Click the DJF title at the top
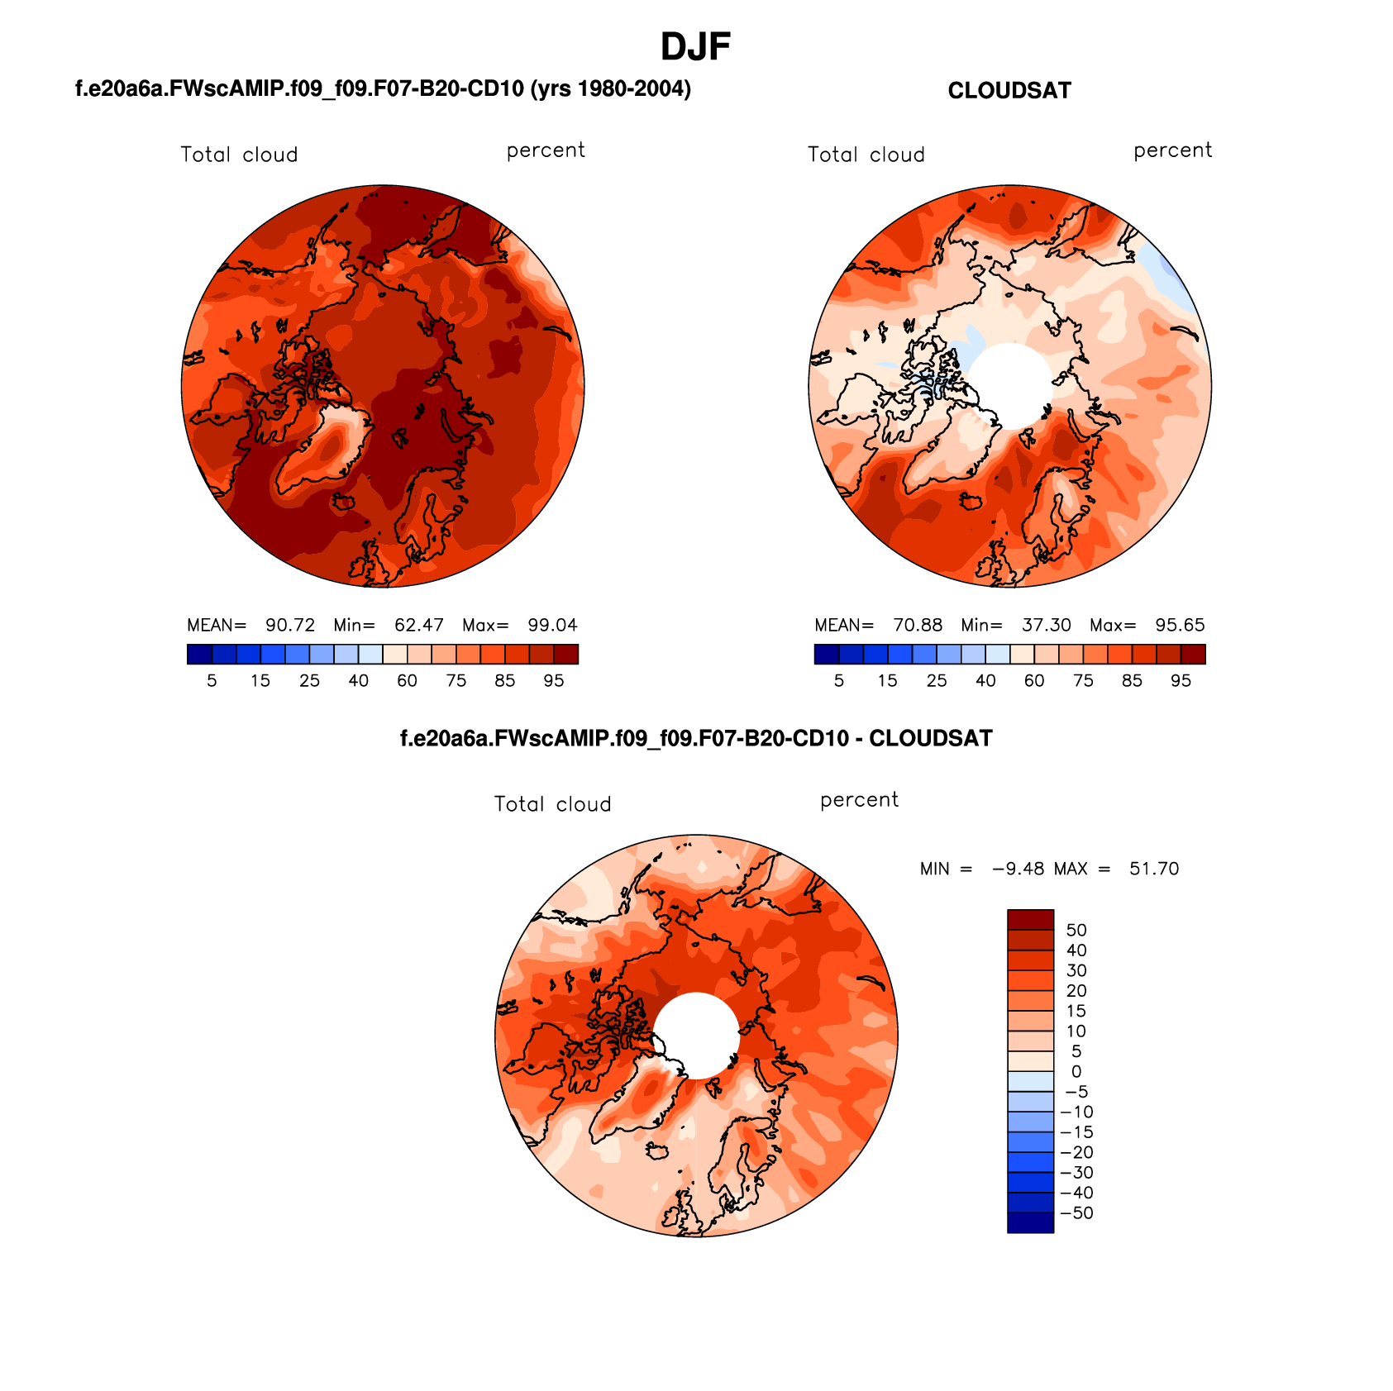pyautogui.click(x=695, y=47)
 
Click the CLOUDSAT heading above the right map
pyautogui.click(x=1009, y=91)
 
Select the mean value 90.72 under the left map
pyautogui.click(x=290, y=626)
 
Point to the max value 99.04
pyautogui.click(x=552, y=626)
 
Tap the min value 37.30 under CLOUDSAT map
pyautogui.click(x=1046, y=626)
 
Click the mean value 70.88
pyautogui.click(x=918, y=626)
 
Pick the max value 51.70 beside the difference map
pyautogui.click(x=1154, y=869)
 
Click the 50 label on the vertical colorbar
pyautogui.click(x=1076, y=931)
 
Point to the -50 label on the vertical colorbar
pyautogui.click(x=1076, y=1213)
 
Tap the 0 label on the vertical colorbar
pyautogui.click(x=1076, y=1072)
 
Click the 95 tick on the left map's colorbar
pyautogui.click(x=554, y=681)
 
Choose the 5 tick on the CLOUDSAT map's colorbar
pyautogui.click(x=839, y=681)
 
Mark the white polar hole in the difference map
pyautogui.click(x=697, y=1036)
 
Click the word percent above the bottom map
pyautogui.click(x=859, y=800)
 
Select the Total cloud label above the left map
pyautogui.click(x=239, y=155)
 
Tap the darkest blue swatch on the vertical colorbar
pyautogui.click(x=1030, y=1222)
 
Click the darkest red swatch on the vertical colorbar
pyautogui.click(x=1030, y=920)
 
